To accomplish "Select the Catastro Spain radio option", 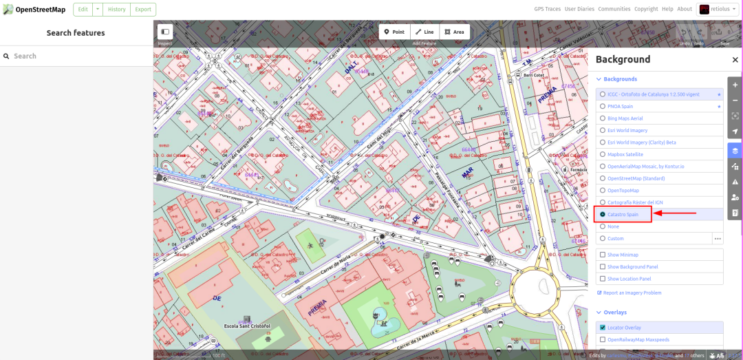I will pyautogui.click(x=603, y=215).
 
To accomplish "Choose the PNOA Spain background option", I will pyautogui.click(x=603, y=107).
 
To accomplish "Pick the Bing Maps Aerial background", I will pyautogui.click(x=603, y=118).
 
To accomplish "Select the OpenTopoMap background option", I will pyautogui.click(x=603, y=191).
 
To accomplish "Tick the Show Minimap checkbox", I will pyautogui.click(x=603, y=255).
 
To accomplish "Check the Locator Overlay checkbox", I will pyautogui.click(x=603, y=328).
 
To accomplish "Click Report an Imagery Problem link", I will pyautogui.click(x=632, y=293).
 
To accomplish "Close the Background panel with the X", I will pyautogui.click(x=735, y=60).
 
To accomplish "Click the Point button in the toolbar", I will pyautogui.click(x=394, y=32).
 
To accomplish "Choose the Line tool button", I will pyautogui.click(x=424, y=32).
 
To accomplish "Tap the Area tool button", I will pyautogui.click(x=454, y=32).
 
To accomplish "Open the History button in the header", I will pyautogui.click(x=117, y=10).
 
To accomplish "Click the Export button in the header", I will pyautogui.click(x=143, y=10).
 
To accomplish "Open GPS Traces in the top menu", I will pyautogui.click(x=547, y=9).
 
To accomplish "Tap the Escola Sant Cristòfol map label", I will pyautogui.click(x=248, y=326).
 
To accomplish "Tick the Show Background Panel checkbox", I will pyautogui.click(x=603, y=267).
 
